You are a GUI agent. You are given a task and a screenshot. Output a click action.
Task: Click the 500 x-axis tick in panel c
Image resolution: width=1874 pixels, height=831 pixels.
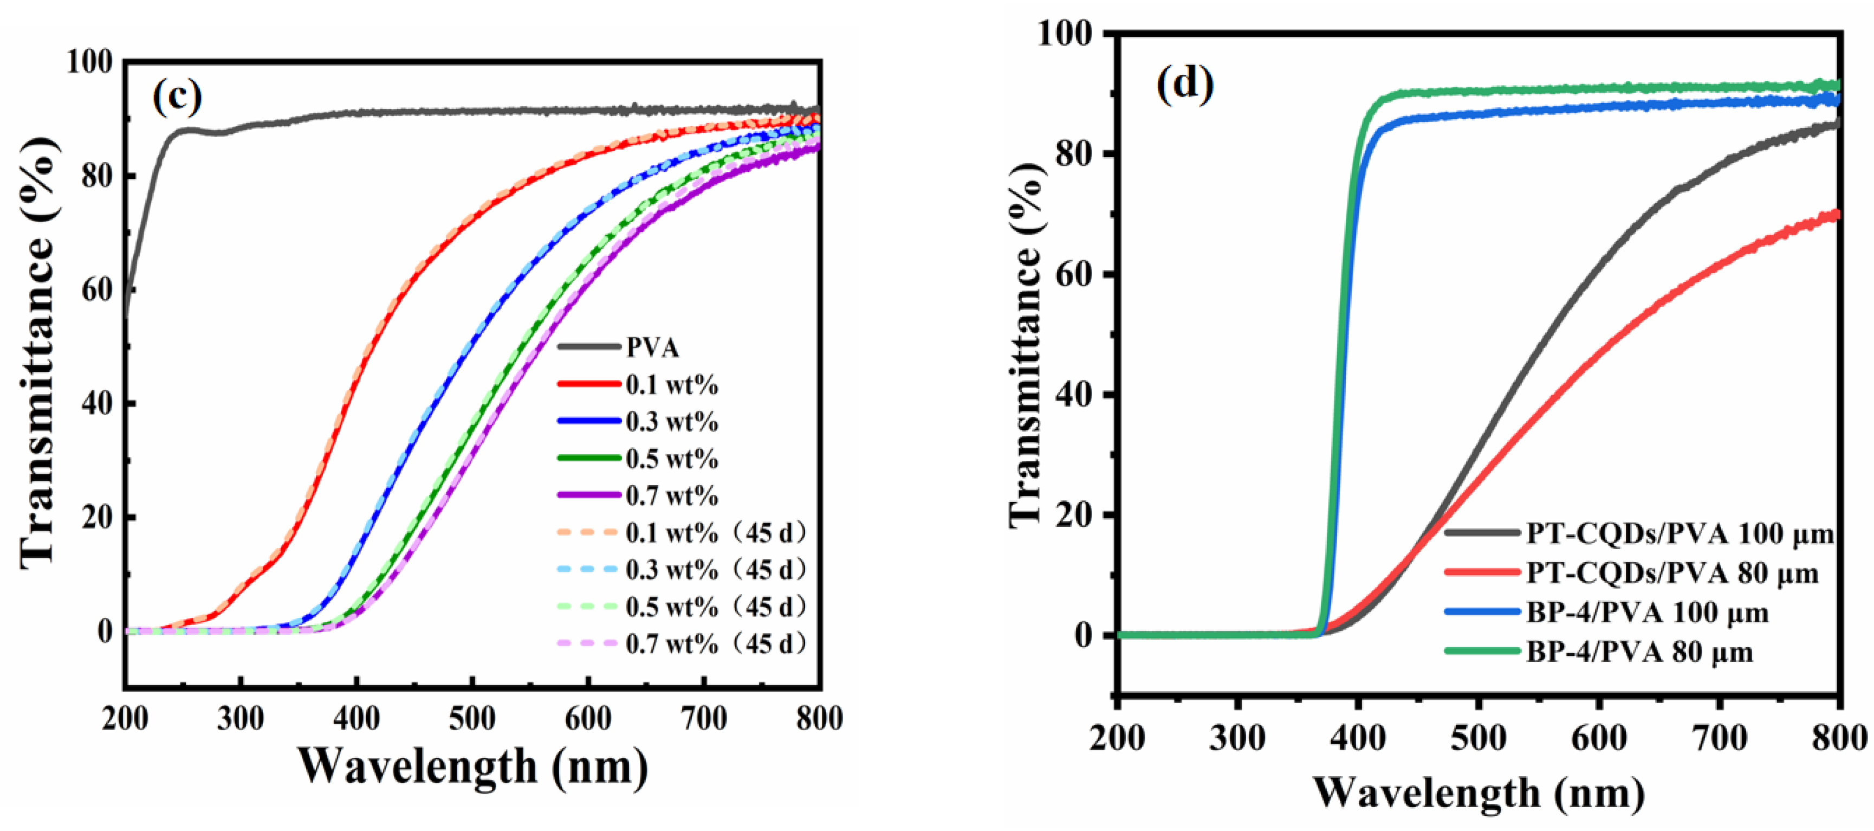point(472,719)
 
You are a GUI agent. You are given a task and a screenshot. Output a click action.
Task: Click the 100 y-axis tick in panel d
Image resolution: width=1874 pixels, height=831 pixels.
point(1064,34)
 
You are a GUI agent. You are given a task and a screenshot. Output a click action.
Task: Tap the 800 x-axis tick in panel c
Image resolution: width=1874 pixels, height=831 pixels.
point(819,719)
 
